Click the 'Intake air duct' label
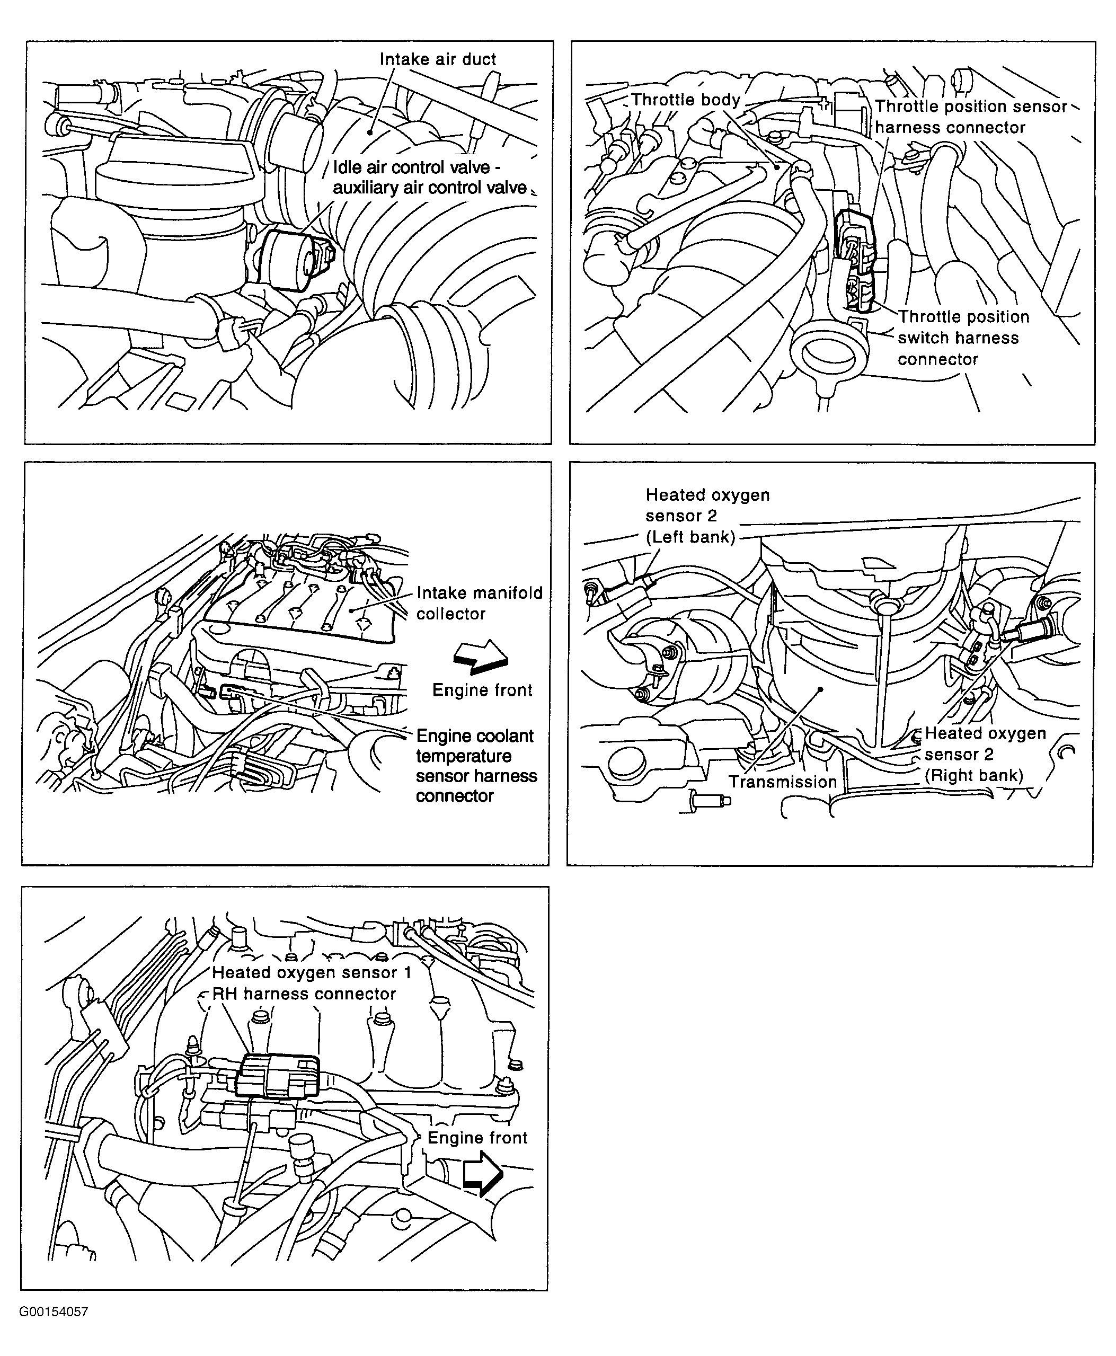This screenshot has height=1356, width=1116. [x=437, y=59]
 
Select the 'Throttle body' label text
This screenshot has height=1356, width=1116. [x=685, y=100]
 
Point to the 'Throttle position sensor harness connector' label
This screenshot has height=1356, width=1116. [x=970, y=117]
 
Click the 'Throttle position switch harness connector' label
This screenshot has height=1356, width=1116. [x=963, y=338]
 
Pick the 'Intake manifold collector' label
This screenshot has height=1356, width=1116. [x=479, y=603]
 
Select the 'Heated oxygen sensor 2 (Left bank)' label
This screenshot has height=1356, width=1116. [x=706, y=516]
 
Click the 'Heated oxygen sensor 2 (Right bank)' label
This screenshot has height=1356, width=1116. [x=985, y=754]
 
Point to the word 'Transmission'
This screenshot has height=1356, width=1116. [x=782, y=782]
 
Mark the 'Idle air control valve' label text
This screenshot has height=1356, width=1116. [x=411, y=168]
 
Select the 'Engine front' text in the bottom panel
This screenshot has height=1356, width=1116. [x=477, y=1138]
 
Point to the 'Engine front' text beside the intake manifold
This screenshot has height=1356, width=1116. [x=482, y=690]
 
